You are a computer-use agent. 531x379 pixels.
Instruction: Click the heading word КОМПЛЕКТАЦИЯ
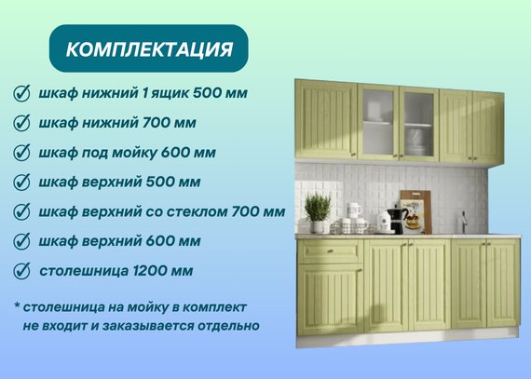coord(149,49)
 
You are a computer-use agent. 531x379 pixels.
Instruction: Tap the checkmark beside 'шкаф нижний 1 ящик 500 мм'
coord(21,93)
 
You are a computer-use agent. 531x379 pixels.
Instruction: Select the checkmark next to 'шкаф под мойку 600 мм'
coord(21,153)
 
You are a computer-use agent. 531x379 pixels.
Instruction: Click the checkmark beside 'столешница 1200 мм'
coord(21,271)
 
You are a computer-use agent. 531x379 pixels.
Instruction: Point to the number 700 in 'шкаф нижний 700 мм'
coord(156,123)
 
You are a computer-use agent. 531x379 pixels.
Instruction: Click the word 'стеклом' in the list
coord(201,211)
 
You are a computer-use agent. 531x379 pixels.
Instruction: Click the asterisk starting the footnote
coord(17,305)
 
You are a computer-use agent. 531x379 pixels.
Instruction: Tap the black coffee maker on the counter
coord(397,219)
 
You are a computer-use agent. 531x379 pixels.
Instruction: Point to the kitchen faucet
coord(464,222)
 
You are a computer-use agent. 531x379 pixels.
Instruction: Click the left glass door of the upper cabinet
coord(378,123)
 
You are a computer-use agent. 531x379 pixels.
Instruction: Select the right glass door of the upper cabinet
coord(419,124)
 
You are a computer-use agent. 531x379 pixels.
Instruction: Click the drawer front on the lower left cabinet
coord(330,251)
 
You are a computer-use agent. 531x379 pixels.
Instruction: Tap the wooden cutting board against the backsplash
coord(416,211)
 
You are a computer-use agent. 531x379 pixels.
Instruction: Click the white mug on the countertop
coord(354,210)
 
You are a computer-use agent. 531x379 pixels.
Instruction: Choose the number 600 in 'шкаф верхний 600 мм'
coord(159,241)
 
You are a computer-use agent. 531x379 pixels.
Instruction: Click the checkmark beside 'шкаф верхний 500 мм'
coord(21,183)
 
